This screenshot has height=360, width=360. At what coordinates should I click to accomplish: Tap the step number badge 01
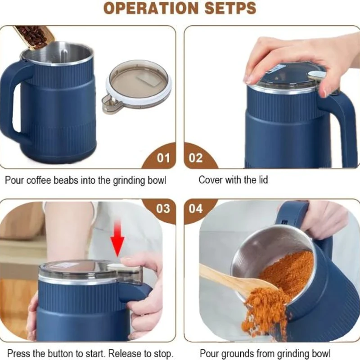point(163,158)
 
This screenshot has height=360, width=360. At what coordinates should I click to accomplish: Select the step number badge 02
point(196,158)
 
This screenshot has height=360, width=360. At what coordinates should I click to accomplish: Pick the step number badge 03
point(163,209)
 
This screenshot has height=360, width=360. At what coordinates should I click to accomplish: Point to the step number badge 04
point(196,209)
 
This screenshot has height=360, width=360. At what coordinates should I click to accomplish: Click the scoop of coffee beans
point(34,37)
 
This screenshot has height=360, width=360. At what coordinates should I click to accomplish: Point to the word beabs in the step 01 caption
point(61,180)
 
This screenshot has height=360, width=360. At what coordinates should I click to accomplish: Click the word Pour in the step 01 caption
point(14,180)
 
